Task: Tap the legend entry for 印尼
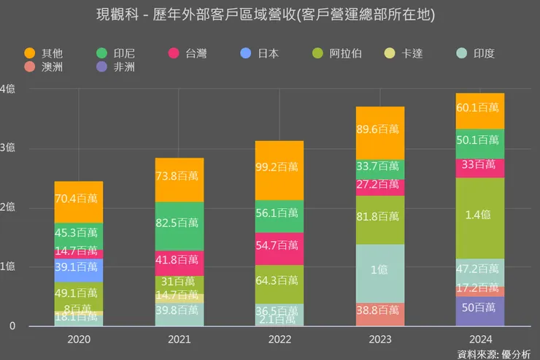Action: pos(116,53)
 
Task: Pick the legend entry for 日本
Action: pos(261,53)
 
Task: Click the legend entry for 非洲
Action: pos(116,67)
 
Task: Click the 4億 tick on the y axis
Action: pos(7,88)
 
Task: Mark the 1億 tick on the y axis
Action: pos(7,267)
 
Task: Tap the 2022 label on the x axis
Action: pos(279,340)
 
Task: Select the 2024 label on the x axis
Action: pos(480,340)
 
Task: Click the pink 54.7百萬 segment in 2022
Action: pos(279,248)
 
